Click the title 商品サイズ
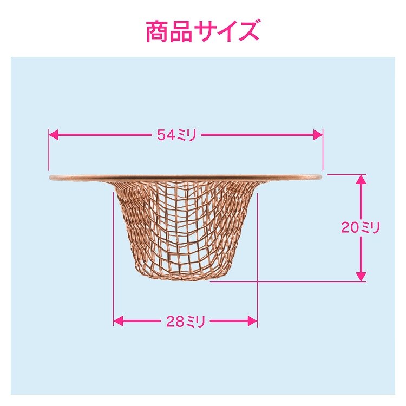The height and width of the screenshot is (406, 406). (x=202, y=31)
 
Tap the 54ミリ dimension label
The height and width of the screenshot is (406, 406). (x=177, y=135)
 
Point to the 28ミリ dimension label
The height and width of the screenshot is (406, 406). (x=186, y=322)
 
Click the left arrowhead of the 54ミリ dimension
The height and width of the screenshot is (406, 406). (x=54, y=135)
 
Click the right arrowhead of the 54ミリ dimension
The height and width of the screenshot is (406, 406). (x=318, y=135)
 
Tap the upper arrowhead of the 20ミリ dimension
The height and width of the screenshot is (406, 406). (x=361, y=179)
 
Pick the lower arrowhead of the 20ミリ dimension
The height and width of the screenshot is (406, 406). (x=361, y=277)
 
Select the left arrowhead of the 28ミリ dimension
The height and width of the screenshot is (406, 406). (x=119, y=322)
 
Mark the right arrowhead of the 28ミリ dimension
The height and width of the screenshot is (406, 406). (x=252, y=322)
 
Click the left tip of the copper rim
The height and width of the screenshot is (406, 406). (x=49, y=178)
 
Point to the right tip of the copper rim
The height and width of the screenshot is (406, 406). (x=322, y=177)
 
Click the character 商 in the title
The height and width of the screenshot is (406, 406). (x=158, y=32)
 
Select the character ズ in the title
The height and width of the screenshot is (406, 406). (x=247, y=31)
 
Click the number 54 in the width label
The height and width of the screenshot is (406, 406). (x=166, y=135)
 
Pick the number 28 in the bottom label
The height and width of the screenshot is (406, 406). (x=174, y=322)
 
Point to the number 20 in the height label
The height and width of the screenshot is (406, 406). (x=349, y=227)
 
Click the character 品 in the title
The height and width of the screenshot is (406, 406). (x=181, y=32)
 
